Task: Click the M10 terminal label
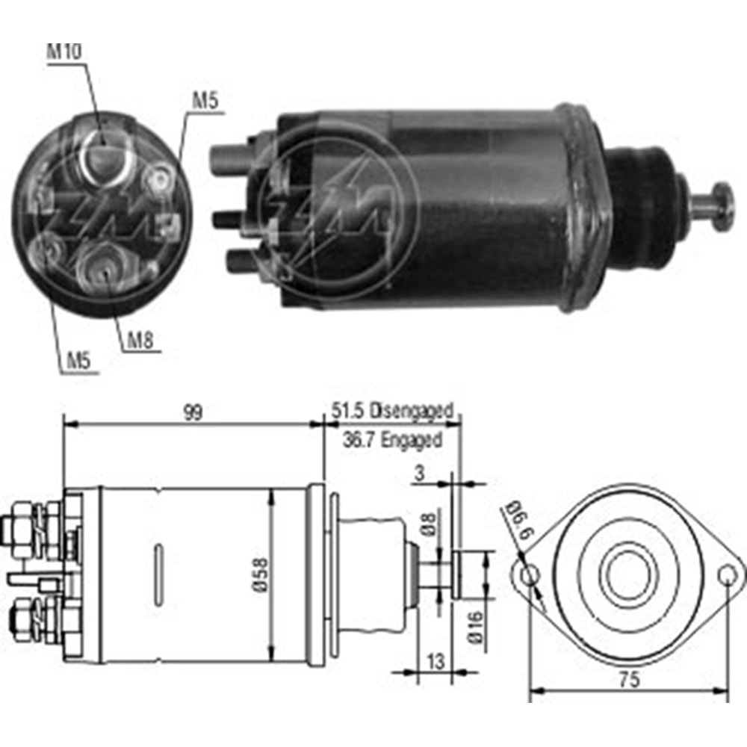tap(65, 52)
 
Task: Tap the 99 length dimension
tap(193, 412)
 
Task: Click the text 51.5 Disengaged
tap(391, 410)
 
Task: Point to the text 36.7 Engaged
tap(391, 439)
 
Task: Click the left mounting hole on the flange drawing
tap(529, 575)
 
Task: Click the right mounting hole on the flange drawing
tap(728, 575)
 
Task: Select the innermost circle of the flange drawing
tap(627, 575)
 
